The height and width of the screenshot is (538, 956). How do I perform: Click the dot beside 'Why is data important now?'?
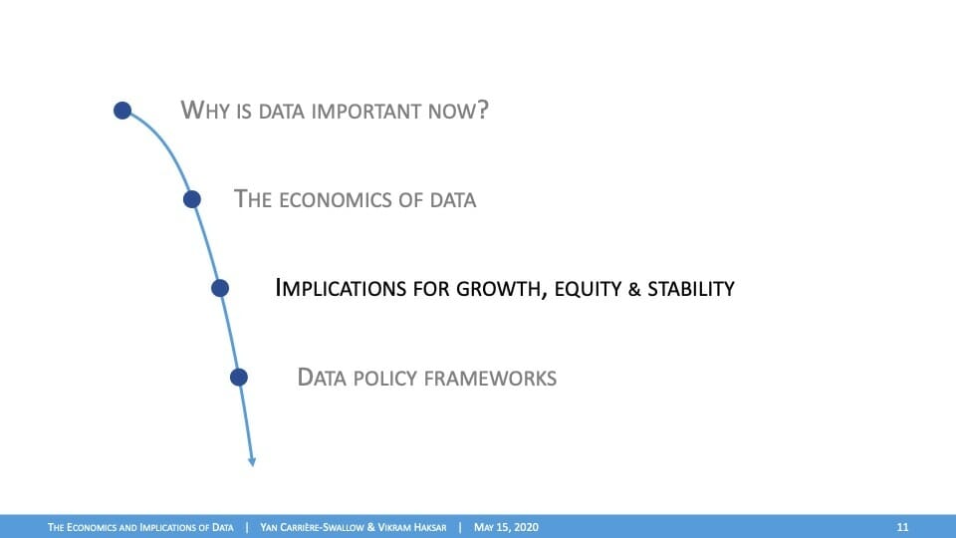pos(122,111)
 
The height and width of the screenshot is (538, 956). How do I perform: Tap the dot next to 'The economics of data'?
pos(192,199)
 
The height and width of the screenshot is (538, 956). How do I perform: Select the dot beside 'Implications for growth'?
pos(220,288)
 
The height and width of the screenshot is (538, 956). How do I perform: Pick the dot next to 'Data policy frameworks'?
pos(239,377)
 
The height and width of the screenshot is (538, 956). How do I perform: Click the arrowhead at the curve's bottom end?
pos(252,462)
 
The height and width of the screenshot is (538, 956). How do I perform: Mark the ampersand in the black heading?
pos(634,289)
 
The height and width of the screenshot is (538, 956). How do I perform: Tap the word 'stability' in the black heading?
pos(691,289)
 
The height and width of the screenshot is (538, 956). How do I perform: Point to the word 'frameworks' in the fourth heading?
pos(490,379)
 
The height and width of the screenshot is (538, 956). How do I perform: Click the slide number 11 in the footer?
pos(902,527)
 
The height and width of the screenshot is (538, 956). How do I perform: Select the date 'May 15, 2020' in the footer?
pos(506,527)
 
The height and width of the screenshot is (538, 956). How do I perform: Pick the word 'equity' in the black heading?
pos(588,290)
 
